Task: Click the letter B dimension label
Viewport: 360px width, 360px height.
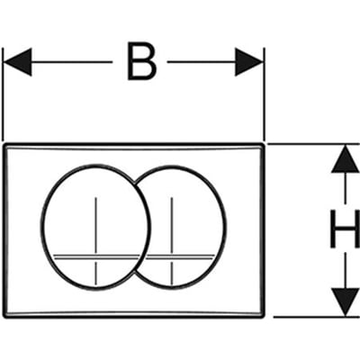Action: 141,62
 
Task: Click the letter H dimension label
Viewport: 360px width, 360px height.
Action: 345,229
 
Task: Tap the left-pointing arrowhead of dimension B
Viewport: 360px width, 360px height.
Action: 17,62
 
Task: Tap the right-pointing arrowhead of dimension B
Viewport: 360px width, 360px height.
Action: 249,62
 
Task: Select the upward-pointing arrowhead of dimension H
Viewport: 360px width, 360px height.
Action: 346,158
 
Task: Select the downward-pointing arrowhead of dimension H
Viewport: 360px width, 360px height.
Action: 346,301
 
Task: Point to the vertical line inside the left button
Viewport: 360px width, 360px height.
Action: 95,241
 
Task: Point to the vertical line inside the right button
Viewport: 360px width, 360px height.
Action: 172,241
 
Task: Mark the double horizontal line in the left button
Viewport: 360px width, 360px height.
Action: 96,256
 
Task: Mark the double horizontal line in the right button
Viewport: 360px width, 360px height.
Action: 180,256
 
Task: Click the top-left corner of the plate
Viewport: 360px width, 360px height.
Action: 4,145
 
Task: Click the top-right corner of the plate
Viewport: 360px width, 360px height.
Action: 264,145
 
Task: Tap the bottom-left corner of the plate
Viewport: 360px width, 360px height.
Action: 4,316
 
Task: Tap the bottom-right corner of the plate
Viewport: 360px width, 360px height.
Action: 264,316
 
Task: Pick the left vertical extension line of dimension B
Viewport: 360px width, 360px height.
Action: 3,94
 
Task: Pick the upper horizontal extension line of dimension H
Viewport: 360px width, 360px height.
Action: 314,144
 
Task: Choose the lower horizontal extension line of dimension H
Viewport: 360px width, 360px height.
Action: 317,317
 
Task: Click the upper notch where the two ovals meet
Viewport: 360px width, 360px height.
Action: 134,181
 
